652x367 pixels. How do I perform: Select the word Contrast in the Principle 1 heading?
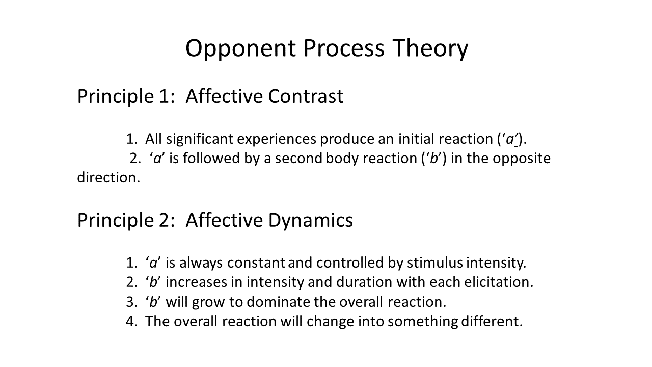(306, 96)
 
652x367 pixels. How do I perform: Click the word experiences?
(277, 140)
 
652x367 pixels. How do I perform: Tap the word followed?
(211, 159)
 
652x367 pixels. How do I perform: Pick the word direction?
(108, 178)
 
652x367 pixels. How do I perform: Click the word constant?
(256, 263)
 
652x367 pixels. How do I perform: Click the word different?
(492, 322)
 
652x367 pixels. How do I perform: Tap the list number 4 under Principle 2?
(130, 322)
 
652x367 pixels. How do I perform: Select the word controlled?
(350, 263)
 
